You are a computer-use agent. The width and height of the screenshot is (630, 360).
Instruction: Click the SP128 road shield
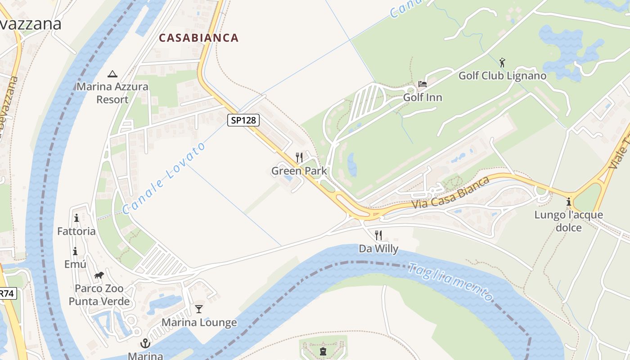pyautogui.click(x=243, y=120)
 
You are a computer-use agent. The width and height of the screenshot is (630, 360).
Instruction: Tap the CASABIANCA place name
pyautogui.click(x=198, y=38)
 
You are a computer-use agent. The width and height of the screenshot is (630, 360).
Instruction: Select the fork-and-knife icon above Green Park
pyautogui.click(x=299, y=157)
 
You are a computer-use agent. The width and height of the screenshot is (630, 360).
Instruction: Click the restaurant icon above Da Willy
pyautogui.click(x=378, y=235)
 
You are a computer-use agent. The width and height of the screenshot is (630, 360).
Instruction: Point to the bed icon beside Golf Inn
pyautogui.click(x=422, y=84)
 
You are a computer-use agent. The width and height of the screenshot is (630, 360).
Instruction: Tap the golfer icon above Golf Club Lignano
pyautogui.click(x=502, y=63)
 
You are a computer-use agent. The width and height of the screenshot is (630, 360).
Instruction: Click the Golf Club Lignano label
pyautogui.click(x=502, y=76)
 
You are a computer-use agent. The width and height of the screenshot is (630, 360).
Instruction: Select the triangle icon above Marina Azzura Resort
pyautogui.click(x=112, y=74)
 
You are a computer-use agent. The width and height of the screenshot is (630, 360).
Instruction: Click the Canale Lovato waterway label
pyautogui.click(x=164, y=178)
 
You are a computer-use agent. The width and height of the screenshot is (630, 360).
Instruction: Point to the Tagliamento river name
pyautogui.click(x=450, y=281)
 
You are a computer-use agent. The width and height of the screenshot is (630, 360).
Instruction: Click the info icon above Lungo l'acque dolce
pyautogui.click(x=569, y=201)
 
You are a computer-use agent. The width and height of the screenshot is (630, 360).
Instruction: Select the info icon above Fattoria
pyautogui.click(x=76, y=218)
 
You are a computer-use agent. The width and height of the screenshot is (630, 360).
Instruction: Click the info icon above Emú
pyautogui.click(x=75, y=251)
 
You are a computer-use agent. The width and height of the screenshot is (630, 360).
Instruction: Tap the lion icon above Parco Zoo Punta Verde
pyautogui.click(x=99, y=275)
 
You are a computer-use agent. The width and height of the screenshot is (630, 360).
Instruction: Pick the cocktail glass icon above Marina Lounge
pyautogui.click(x=199, y=309)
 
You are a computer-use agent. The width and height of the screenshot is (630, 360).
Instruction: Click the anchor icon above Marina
pyautogui.click(x=145, y=344)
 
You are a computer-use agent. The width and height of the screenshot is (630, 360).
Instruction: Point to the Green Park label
pyautogui.click(x=299, y=171)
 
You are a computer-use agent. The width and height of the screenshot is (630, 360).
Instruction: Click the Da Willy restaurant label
pyautogui.click(x=378, y=248)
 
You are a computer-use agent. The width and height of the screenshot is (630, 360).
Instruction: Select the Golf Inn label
pyautogui.click(x=422, y=97)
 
